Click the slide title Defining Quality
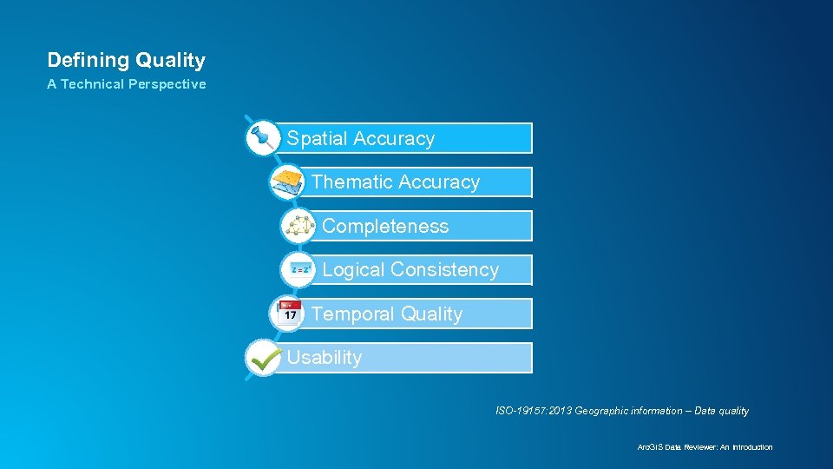[x=126, y=60]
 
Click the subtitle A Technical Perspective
[x=126, y=84]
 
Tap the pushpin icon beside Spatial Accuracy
[x=261, y=137]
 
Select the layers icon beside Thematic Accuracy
[x=287, y=182]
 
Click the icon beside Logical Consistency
[x=300, y=270]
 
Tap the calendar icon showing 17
[x=289, y=313]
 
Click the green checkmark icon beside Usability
[x=262, y=357]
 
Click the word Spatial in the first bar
[x=317, y=139]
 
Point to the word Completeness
[x=385, y=227]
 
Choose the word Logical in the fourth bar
[x=353, y=270]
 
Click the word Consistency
[x=444, y=270]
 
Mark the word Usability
[x=324, y=358]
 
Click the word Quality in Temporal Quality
[x=431, y=314]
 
